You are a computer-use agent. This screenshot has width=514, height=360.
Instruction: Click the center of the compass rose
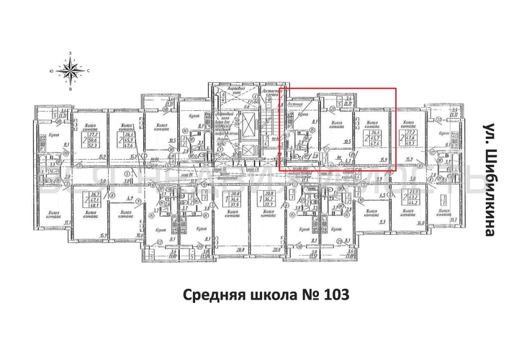(x=71, y=71)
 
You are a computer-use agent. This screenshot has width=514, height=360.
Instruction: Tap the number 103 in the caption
(x=336, y=295)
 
